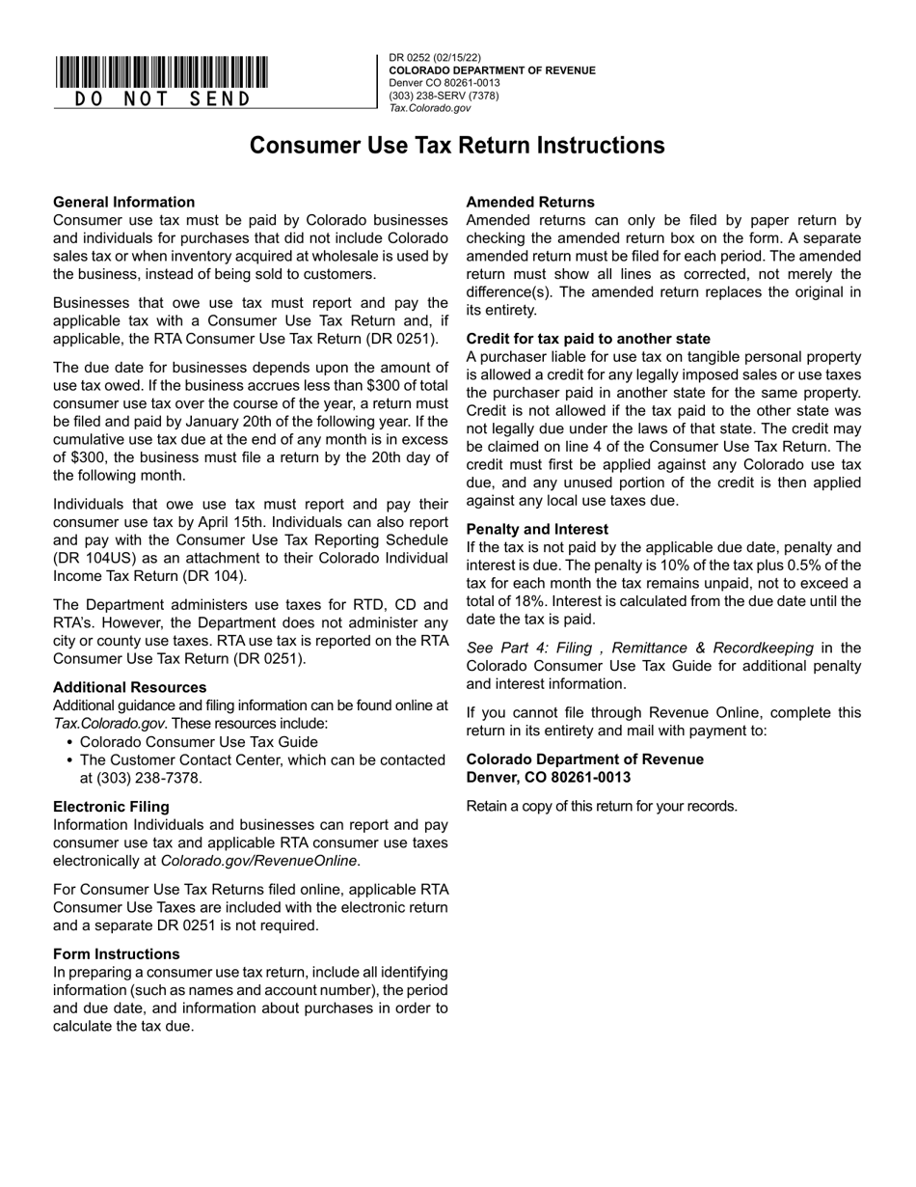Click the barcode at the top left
pyautogui.click(x=161, y=72)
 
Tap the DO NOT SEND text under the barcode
pyautogui.click(x=161, y=98)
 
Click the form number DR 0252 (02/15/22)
pyautogui.click(x=435, y=58)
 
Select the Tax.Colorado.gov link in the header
pyautogui.click(x=430, y=108)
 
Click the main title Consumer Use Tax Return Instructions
pyautogui.click(x=457, y=146)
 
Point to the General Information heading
pyautogui.click(x=123, y=202)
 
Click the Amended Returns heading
pyautogui.click(x=529, y=202)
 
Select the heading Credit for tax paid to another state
pyautogui.click(x=587, y=339)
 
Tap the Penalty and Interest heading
pyautogui.click(x=537, y=529)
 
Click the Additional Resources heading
pyautogui.click(x=129, y=687)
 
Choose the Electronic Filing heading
pyautogui.click(x=111, y=807)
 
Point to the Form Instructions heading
pyautogui.click(x=116, y=953)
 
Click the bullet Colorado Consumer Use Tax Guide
pyautogui.click(x=199, y=742)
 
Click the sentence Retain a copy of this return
pyautogui.click(x=602, y=806)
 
